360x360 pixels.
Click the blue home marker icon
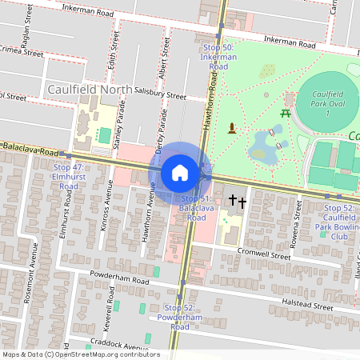pyautogui.click(x=180, y=171)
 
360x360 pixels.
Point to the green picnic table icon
pyautogui.click(x=285, y=113)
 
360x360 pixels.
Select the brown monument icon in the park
pyautogui.click(x=232, y=127)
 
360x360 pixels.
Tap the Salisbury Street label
pyautogui.click(x=160, y=94)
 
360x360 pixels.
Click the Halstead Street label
pyautogui.click(x=307, y=305)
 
